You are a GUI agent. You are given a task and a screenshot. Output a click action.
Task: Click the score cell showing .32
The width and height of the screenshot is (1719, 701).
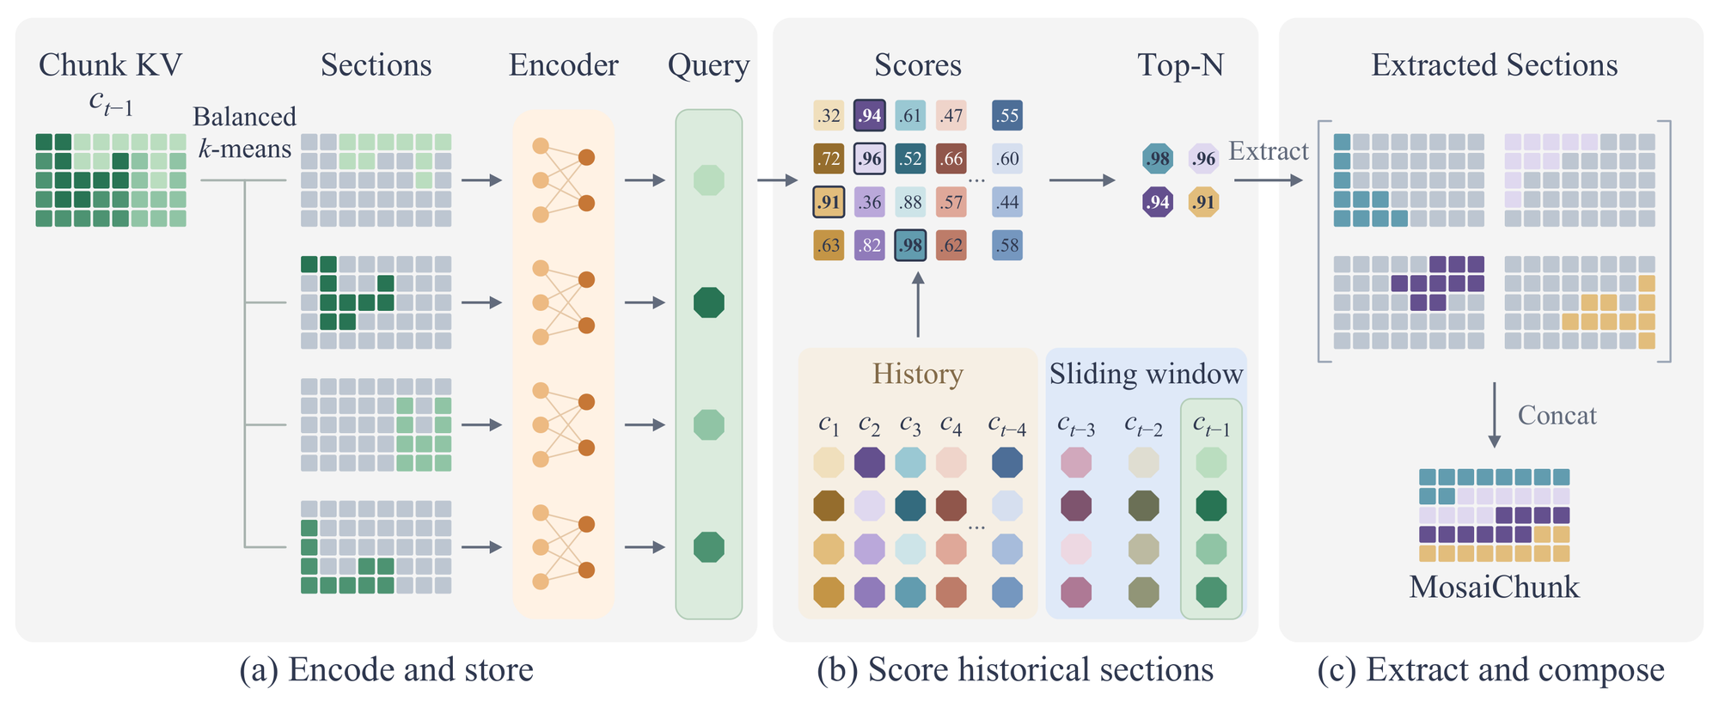point(829,116)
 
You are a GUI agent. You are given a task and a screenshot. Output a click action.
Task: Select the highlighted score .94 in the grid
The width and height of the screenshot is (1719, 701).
point(870,116)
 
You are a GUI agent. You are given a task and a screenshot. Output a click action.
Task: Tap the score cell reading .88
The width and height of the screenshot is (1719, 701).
point(910,203)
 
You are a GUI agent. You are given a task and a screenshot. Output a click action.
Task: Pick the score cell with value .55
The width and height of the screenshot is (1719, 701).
point(1007,116)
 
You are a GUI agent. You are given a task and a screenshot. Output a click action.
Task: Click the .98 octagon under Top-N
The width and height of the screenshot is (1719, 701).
point(1158,159)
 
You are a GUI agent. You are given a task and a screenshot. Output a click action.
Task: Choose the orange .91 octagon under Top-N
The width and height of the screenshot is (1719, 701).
point(1203,203)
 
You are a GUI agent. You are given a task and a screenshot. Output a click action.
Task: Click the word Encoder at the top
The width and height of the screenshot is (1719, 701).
point(563,65)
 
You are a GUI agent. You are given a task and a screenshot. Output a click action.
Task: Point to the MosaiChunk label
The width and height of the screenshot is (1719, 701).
point(1494,587)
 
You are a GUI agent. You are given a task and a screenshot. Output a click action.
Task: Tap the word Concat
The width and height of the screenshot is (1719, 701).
point(1557,416)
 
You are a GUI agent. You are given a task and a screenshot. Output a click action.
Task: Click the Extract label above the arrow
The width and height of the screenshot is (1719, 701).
point(1269,151)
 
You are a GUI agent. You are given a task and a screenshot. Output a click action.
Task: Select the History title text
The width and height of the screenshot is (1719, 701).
point(917,375)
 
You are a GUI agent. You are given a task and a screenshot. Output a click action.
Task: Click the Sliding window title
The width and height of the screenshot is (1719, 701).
point(1146,374)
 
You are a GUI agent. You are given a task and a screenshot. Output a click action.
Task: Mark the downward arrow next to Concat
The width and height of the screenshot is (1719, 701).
point(1494,415)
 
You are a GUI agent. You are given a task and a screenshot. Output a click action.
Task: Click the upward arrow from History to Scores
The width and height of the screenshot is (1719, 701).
point(918,304)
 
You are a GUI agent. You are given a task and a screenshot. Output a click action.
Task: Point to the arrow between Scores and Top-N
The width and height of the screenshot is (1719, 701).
point(1082,180)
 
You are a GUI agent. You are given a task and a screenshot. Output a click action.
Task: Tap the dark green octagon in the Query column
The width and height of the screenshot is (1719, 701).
point(709,302)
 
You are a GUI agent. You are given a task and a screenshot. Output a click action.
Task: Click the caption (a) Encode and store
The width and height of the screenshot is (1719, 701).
point(386,670)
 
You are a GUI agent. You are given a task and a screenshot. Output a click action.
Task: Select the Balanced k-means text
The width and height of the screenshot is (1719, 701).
point(245,132)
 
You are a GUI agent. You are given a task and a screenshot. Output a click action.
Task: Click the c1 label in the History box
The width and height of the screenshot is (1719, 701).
point(829,424)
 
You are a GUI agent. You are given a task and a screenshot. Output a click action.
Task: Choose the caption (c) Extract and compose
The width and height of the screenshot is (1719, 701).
point(1490,670)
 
